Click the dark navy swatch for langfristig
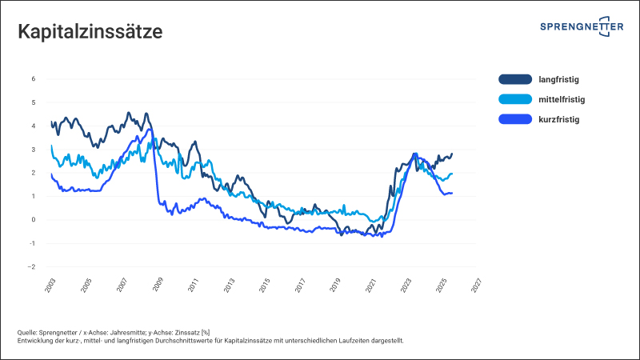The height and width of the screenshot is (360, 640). point(514,79)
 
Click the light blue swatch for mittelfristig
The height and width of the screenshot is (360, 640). point(514,99)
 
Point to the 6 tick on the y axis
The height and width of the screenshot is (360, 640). point(33,78)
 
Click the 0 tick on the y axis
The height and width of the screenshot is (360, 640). point(33,220)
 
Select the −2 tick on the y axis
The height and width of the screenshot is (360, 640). point(32,266)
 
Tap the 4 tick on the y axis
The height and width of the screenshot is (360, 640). point(33,126)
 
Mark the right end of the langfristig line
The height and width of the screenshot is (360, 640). point(452,154)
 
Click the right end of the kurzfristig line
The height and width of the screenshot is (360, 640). point(452,193)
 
